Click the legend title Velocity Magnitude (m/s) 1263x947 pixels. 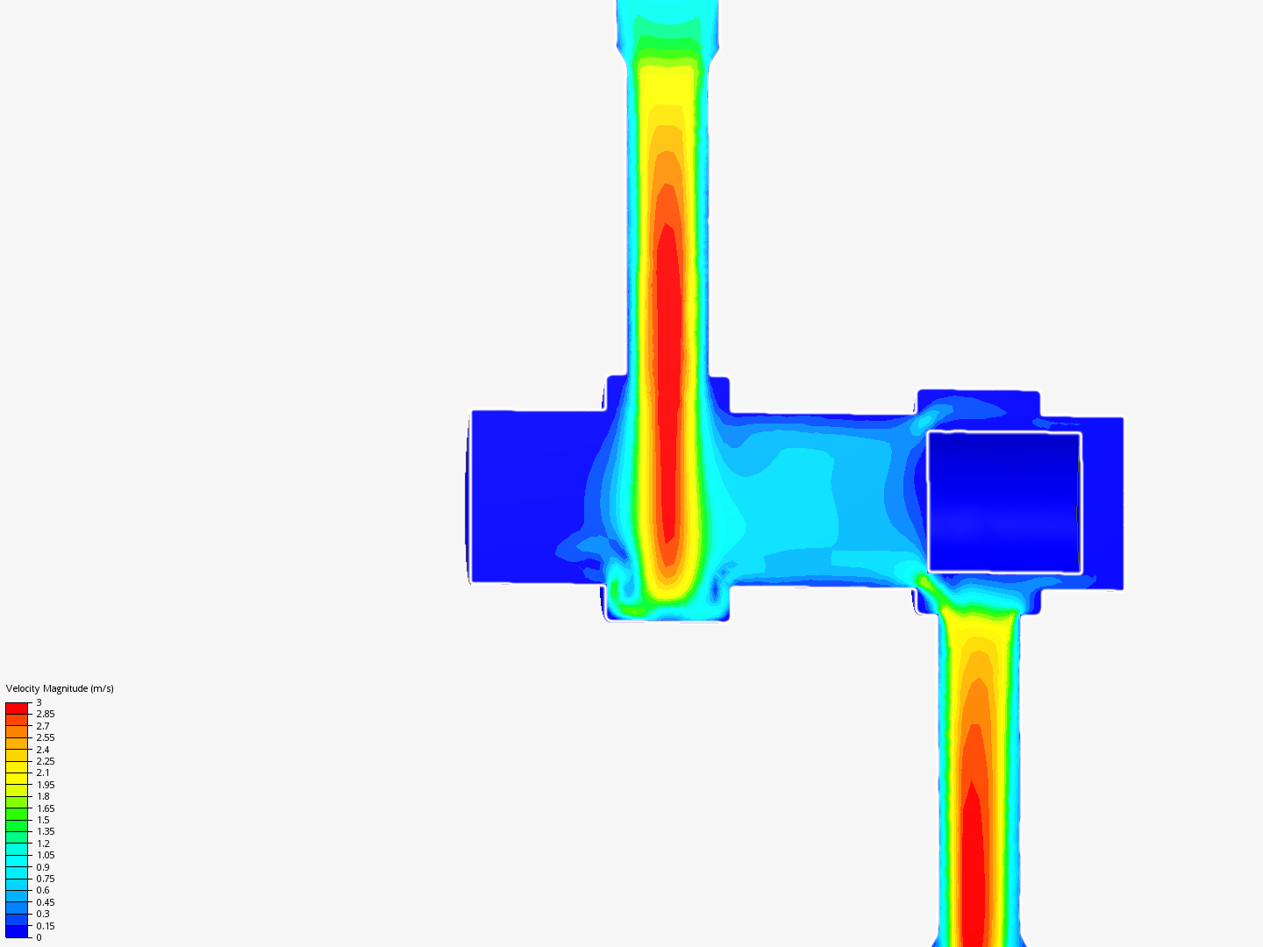coord(60,688)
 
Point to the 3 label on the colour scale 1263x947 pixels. coord(39,702)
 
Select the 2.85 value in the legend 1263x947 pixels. coord(46,714)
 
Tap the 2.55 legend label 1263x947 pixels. coord(46,737)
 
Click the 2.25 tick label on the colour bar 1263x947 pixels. coord(46,761)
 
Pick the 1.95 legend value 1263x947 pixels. coord(46,785)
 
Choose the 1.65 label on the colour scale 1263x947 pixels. coord(46,808)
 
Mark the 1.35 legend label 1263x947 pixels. coord(46,831)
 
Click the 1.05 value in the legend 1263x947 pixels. coord(46,855)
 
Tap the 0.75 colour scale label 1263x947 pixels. coord(46,879)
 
